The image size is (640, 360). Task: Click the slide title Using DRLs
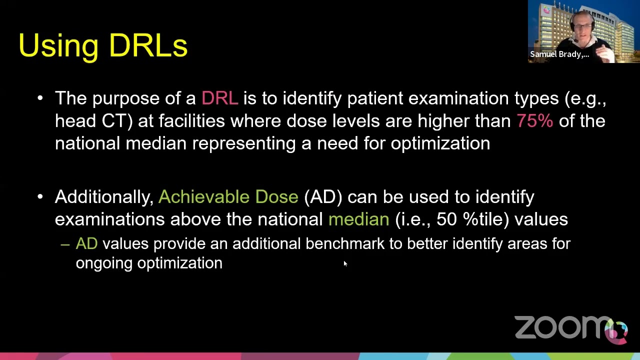tap(103, 45)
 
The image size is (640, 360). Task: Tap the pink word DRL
tap(219, 98)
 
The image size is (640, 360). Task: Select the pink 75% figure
tap(534, 120)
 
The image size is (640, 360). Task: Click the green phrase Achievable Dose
tap(228, 196)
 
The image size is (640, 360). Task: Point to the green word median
tap(358, 219)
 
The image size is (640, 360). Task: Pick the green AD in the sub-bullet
tap(86, 243)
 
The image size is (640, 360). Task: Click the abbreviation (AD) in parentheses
tap(323, 196)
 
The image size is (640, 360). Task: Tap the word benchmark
tap(345, 243)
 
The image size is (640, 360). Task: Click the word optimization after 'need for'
tap(440, 143)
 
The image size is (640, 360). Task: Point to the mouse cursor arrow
tap(344, 263)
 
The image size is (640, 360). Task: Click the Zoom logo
tap(570, 328)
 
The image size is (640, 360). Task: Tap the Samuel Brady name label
tap(559, 54)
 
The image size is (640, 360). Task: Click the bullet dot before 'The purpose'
tap(40, 98)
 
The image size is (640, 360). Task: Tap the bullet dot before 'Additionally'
tap(40, 196)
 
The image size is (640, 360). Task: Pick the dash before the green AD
tap(64, 244)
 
